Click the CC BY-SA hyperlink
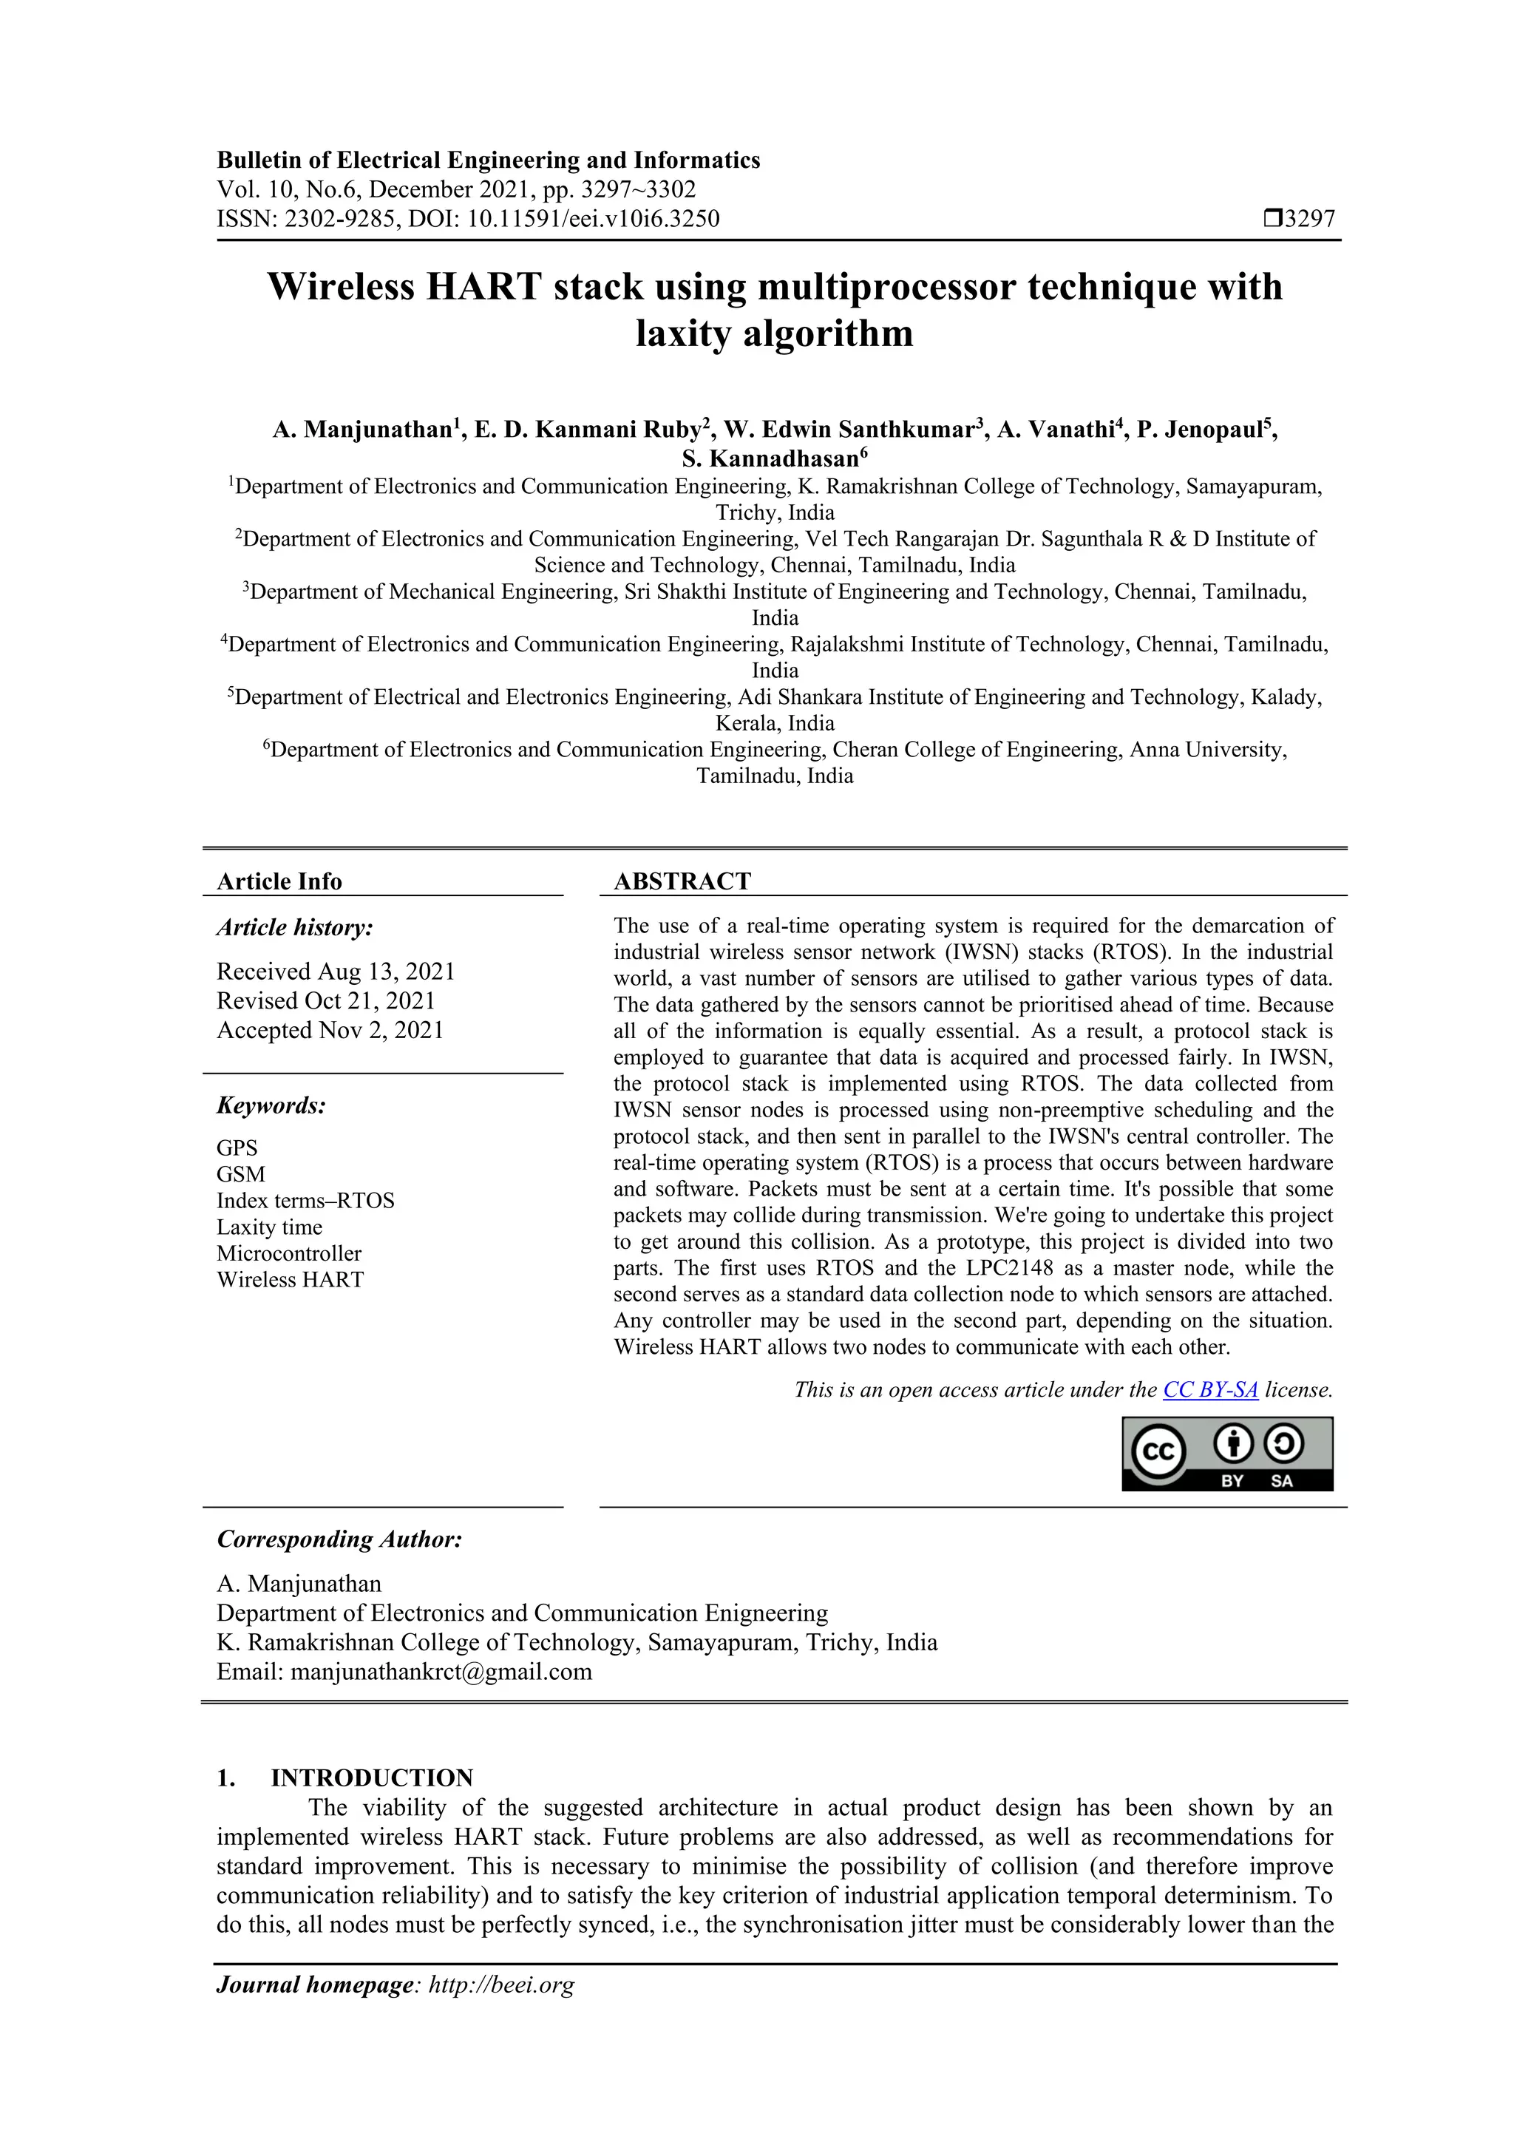(x=1210, y=1390)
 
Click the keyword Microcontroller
(x=288, y=1253)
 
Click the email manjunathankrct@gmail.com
(x=441, y=1671)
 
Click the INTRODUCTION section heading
(x=371, y=1777)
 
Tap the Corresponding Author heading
(x=339, y=1539)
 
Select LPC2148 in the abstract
(x=1015, y=1268)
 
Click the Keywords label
(x=271, y=1105)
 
